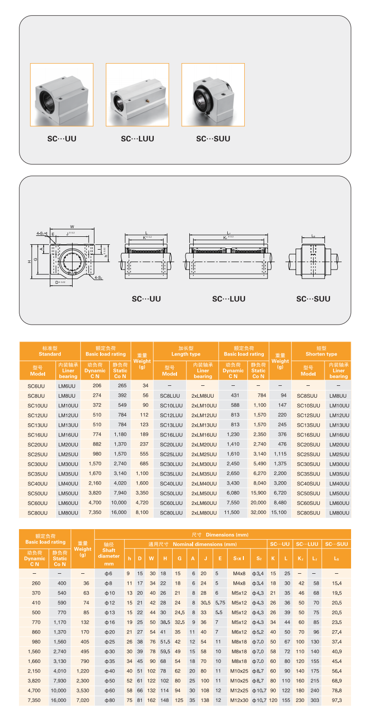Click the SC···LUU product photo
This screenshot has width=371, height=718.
[137, 95]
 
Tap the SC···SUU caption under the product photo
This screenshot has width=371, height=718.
[213, 139]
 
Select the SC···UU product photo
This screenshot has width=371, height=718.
[62, 95]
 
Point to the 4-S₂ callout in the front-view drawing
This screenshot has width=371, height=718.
[99, 277]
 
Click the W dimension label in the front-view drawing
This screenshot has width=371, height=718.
[71, 226]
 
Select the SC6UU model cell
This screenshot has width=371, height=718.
[37, 386]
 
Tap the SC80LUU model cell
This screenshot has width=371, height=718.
[171, 513]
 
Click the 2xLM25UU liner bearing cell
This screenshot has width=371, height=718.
[204, 454]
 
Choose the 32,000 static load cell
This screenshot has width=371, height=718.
[258, 513]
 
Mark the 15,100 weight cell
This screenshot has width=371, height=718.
[280, 513]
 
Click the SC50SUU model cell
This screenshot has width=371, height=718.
[308, 493]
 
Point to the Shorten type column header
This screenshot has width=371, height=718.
[321, 351]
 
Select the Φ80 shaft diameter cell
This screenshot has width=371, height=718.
[109, 700]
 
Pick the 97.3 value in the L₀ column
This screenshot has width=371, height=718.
[336, 700]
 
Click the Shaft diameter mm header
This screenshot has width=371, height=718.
[109, 553]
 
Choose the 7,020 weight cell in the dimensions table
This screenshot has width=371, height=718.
[83, 700]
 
